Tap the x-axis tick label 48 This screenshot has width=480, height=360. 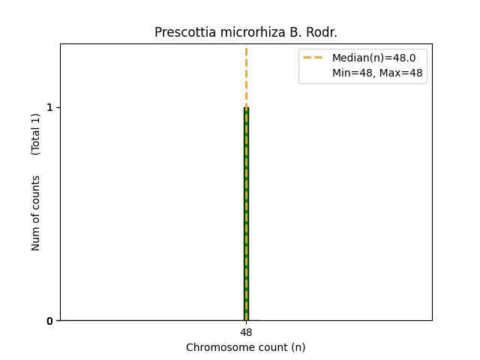click(246, 332)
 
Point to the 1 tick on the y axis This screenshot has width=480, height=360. click(50, 107)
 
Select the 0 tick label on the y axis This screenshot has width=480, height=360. click(50, 321)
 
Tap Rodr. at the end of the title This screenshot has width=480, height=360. click(322, 32)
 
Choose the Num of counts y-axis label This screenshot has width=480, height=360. click(36, 213)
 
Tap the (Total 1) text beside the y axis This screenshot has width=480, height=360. click(36, 133)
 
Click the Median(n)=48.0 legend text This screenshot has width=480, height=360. click(368, 57)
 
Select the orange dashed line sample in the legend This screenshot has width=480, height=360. click(313, 57)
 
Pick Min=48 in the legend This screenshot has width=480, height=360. click(349, 73)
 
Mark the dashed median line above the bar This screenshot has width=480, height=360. click(246, 75)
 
